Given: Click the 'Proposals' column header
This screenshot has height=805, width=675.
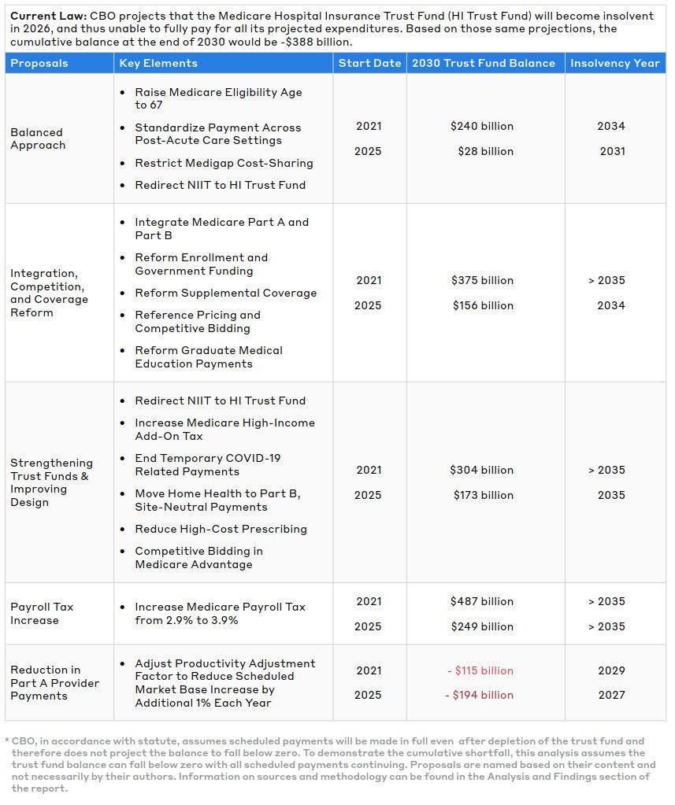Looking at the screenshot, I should (x=39, y=63).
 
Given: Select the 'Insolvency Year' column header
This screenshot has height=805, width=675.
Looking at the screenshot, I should (x=614, y=63).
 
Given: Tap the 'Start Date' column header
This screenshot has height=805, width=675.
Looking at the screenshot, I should (x=369, y=63).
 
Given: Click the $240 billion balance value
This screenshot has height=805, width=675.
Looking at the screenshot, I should (x=482, y=126).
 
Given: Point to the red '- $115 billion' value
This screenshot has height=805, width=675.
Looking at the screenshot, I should (x=480, y=670).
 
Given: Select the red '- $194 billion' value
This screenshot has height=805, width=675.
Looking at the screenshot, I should (x=480, y=695).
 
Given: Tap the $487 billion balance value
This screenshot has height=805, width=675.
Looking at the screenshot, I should (x=482, y=601).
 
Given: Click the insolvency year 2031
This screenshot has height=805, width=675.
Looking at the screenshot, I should (x=611, y=151).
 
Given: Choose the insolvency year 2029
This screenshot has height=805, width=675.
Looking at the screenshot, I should (x=611, y=670).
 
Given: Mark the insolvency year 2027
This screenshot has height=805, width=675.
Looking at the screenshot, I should (x=611, y=695).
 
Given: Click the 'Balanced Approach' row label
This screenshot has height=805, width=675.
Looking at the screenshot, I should (x=37, y=138).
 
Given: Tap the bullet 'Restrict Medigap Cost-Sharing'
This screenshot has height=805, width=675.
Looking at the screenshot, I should (x=224, y=163).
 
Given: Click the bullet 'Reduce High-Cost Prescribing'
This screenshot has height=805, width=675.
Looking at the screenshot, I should (x=221, y=529).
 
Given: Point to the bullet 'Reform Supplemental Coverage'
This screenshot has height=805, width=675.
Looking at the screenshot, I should (x=225, y=293).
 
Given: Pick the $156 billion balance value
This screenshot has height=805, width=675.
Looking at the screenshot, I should (x=483, y=305).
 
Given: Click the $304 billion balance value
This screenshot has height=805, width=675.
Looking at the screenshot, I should (x=482, y=470).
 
